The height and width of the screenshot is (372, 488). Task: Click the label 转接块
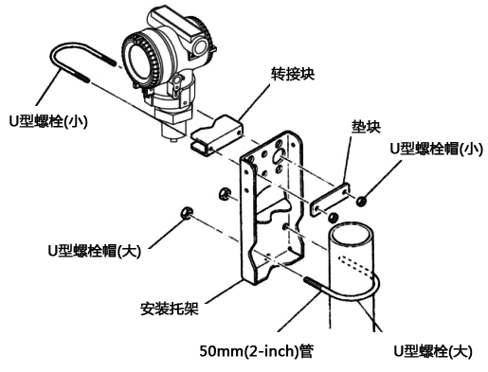pyautogui.click(x=293, y=74)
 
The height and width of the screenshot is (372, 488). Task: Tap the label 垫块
pyautogui.click(x=366, y=127)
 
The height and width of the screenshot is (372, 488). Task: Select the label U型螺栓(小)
pyautogui.click(x=48, y=121)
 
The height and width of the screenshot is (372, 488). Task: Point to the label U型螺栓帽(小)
pyautogui.click(x=437, y=149)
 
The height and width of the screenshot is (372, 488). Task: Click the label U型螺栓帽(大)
pyautogui.click(x=94, y=251)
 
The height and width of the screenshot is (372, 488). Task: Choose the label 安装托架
pyautogui.click(x=170, y=308)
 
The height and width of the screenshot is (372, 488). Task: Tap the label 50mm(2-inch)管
pyautogui.click(x=257, y=351)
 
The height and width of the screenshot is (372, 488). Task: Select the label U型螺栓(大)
pyautogui.click(x=433, y=351)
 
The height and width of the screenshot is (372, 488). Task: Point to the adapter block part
pyautogui.click(x=217, y=135)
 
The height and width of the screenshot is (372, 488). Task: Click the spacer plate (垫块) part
pyautogui.click(x=330, y=200)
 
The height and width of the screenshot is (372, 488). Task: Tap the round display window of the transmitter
pyautogui.click(x=138, y=60)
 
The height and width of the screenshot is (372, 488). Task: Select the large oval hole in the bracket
pyautogui.click(x=279, y=156)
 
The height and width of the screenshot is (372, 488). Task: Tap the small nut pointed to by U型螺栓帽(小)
pyautogui.click(x=361, y=201)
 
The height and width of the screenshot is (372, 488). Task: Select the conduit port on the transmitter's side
pyautogui.click(x=200, y=46)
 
